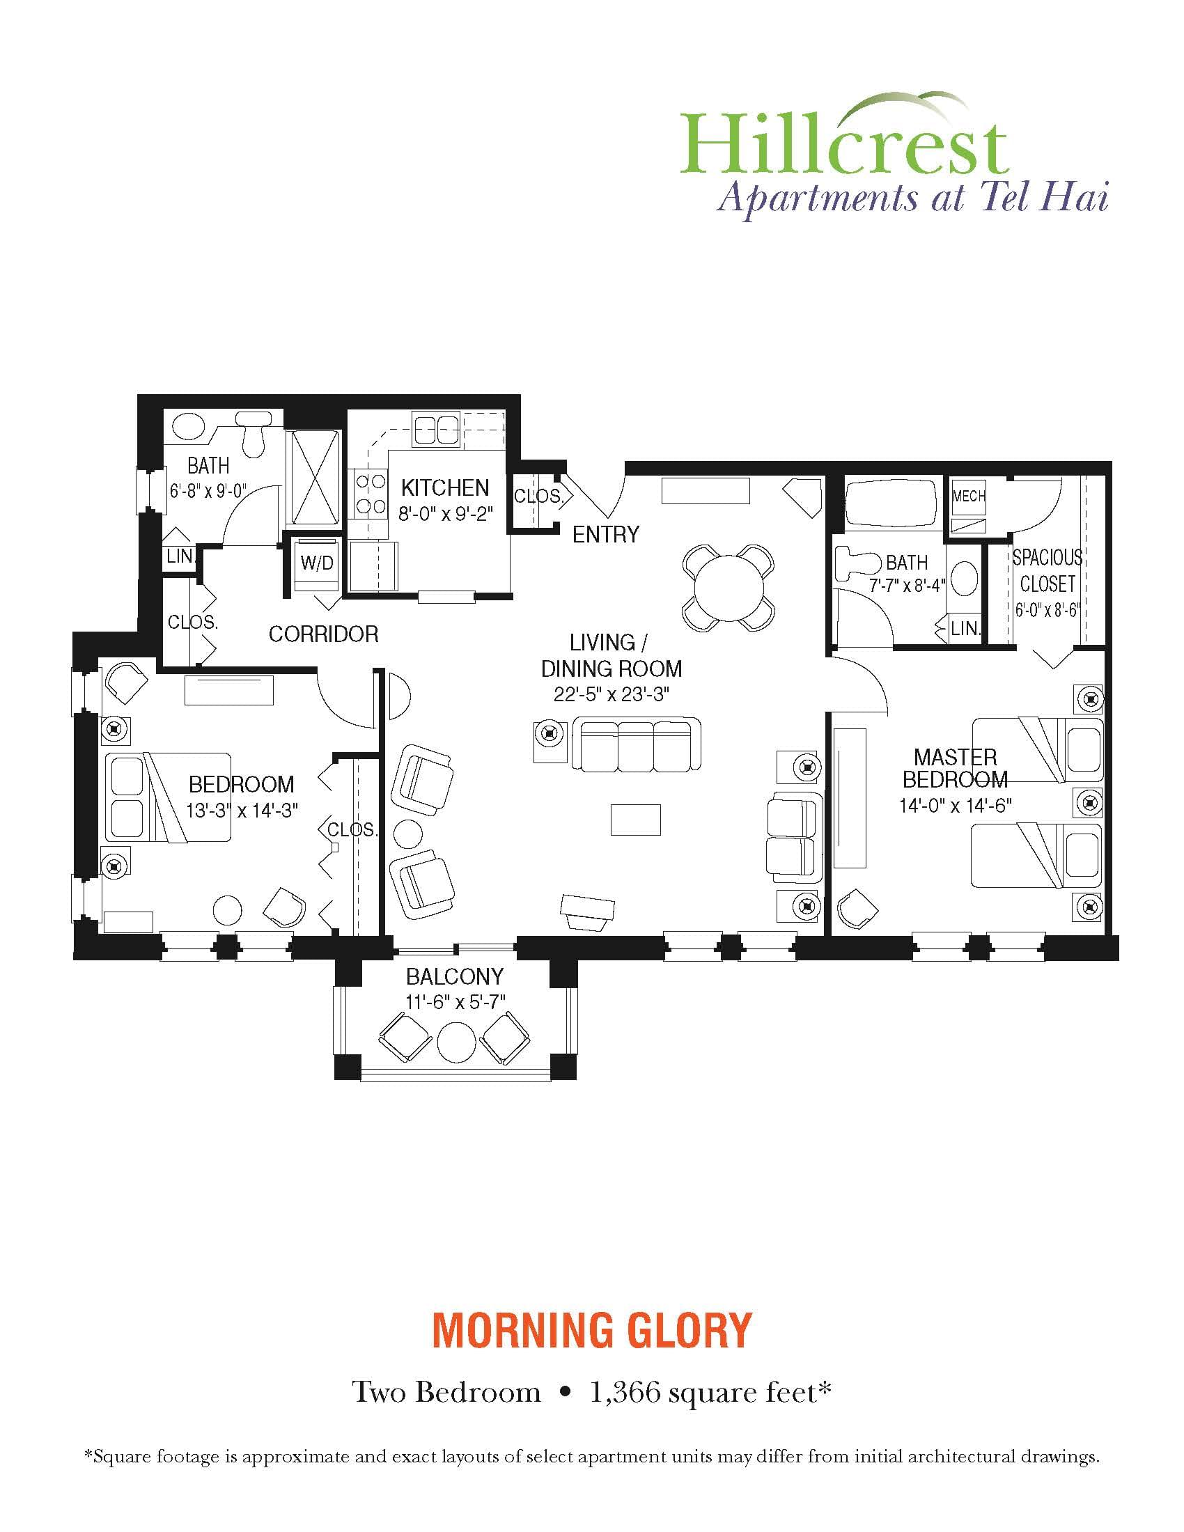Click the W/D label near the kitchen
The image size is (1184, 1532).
[316, 563]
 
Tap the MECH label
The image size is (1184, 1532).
[969, 496]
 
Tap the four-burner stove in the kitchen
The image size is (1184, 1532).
[371, 493]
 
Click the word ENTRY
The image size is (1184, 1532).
[606, 535]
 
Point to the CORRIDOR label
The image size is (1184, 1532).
[323, 634]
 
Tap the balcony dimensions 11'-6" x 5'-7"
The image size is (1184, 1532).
[455, 1001]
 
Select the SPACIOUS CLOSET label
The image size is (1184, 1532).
[1047, 570]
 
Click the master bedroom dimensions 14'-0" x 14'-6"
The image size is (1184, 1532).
[956, 805]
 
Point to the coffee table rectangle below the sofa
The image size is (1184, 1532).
[635, 820]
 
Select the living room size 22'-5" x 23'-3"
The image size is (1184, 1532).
[611, 695]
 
